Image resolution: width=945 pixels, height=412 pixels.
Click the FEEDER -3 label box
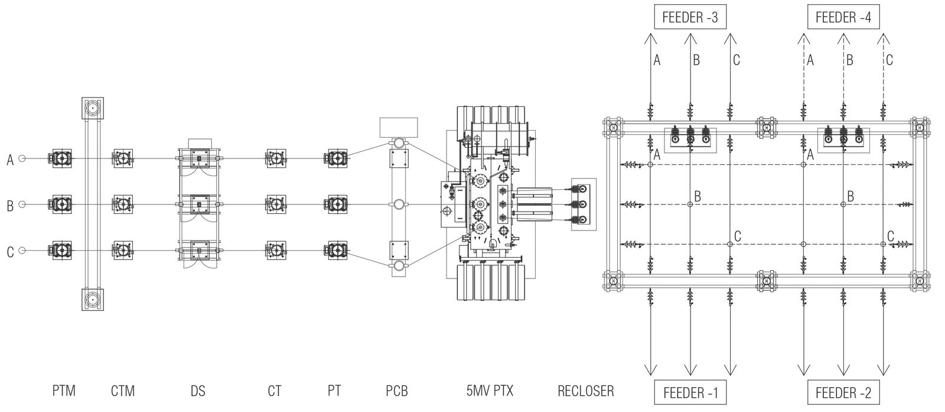tap(690, 18)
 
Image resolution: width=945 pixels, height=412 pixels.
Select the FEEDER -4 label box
tap(843, 18)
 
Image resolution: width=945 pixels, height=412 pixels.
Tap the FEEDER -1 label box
tap(690, 392)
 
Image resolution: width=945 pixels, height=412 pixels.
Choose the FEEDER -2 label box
tap(843, 392)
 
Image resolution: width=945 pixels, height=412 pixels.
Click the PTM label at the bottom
tap(63, 391)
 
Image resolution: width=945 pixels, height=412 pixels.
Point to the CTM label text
tap(123, 391)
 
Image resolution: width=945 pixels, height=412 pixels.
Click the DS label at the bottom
tap(198, 391)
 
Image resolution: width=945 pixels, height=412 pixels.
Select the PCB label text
tap(397, 391)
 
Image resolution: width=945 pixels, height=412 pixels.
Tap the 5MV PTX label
tap(490, 391)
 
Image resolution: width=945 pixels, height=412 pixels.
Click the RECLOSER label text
tap(585, 391)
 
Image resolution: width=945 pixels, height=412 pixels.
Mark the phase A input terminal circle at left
tap(22, 158)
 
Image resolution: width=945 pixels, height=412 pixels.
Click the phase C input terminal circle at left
tap(22, 251)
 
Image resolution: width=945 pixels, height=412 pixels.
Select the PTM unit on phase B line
tap(62, 205)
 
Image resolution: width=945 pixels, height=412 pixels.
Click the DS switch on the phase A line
tap(199, 158)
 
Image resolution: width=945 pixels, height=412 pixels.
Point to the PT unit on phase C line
tap(335, 251)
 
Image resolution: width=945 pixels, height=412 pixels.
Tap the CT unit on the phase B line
tap(275, 205)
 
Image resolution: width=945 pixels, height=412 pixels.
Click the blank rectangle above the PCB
tap(398, 127)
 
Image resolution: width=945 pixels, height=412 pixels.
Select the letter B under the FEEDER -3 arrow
tap(697, 60)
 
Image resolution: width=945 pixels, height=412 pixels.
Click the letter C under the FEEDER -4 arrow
tap(889, 60)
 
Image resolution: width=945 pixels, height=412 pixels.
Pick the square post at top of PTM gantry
tap(93, 108)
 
